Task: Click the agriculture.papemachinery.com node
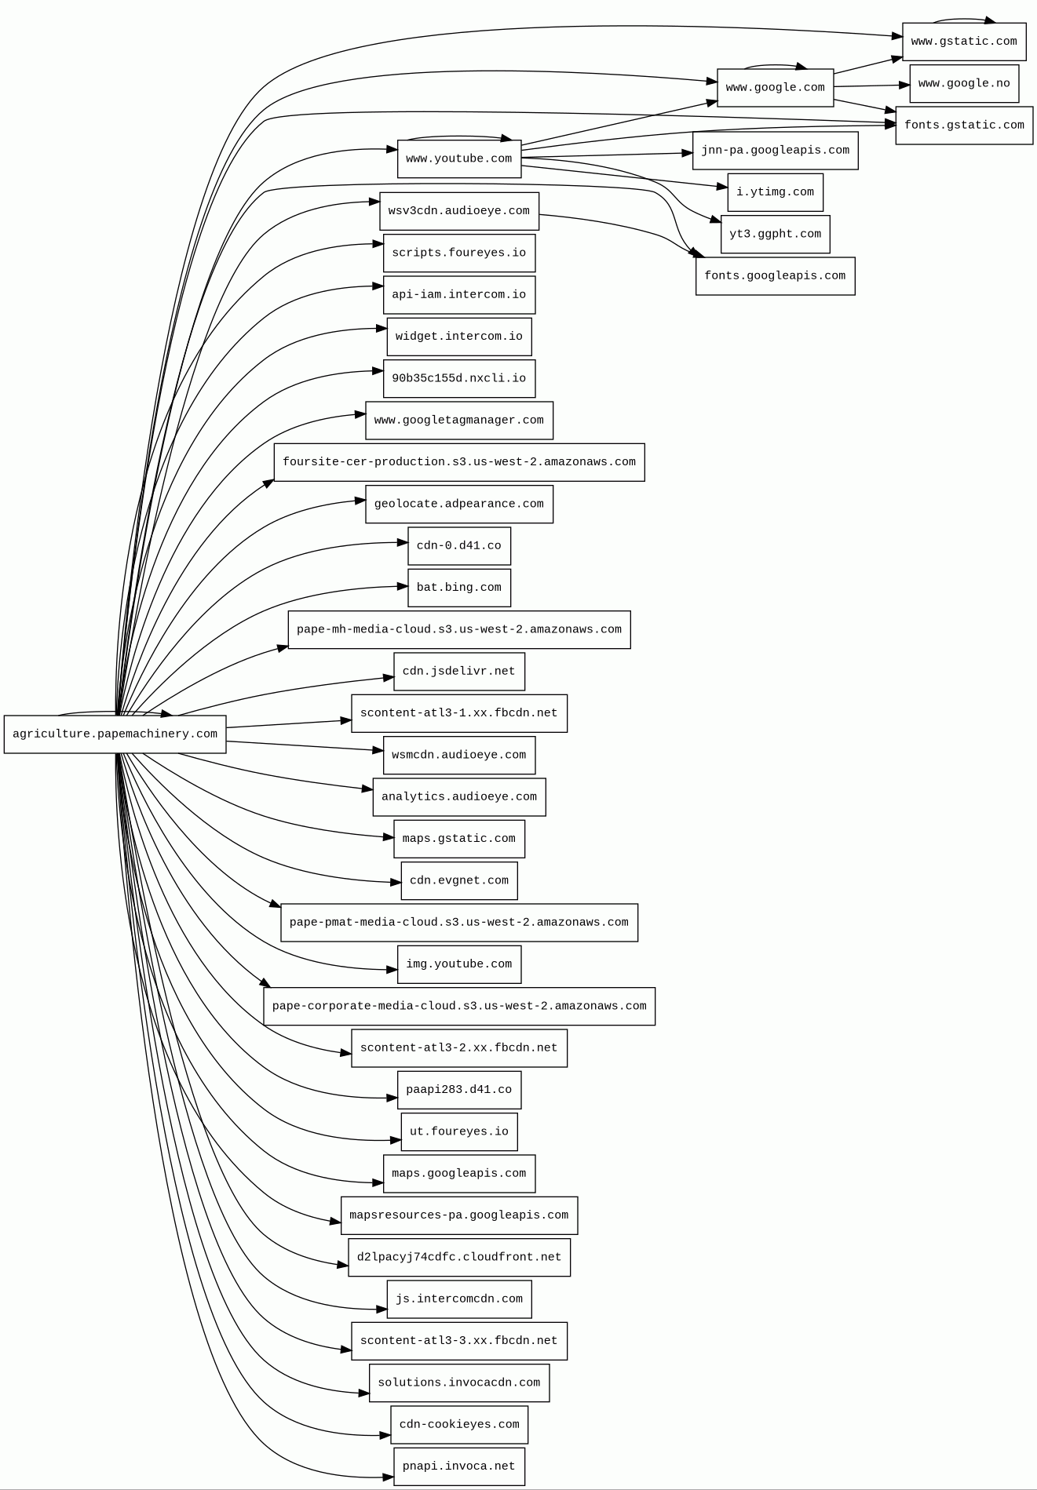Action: pyautogui.click(x=115, y=734)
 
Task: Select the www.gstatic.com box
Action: pyautogui.click(x=964, y=42)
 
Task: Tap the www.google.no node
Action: pyautogui.click(x=964, y=84)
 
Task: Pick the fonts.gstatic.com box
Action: pyautogui.click(x=964, y=126)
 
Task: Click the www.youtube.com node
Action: pyautogui.click(x=459, y=159)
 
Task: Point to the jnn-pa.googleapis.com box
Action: pyautogui.click(x=775, y=151)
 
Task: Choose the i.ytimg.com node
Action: pyautogui.click(x=775, y=192)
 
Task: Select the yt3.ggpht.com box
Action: pyautogui.click(x=775, y=235)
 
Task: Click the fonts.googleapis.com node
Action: pyautogui.click(x=775, y=276)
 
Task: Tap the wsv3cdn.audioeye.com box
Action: pyautogui.click(x=459, y=211)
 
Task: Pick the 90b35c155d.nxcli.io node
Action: pyautogui.click(x=459, y=379)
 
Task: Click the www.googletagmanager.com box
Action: pyautogui.click(x=459, y=421)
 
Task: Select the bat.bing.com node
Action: pyautogui.click(x=459, y=588)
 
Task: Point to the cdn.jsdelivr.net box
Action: pyautogui.click(x=459, y=672)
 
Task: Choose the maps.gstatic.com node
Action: pyautogui.click(x=459, y=839)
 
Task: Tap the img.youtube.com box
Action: pyautogui.click(x=459, y=964)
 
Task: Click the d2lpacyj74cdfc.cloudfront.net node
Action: pyautogui.click(x=459, y=1257)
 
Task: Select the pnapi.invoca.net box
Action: pyautogui.click(x=459, y=1466)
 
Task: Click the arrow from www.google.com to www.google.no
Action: pyautogui.click(x=871, y=86)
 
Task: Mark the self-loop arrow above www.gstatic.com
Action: pyautogui.click(x=964, y=19)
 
